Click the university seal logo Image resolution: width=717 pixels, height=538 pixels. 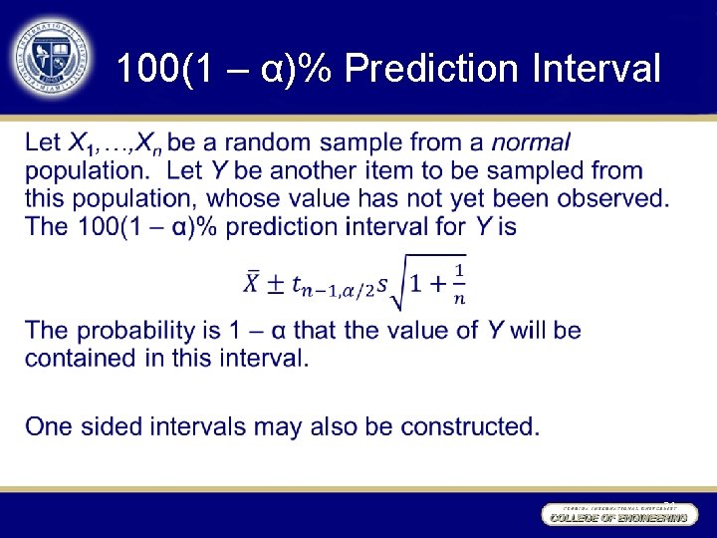pos(51,55)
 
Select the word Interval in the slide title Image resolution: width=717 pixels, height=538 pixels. pos(597,70)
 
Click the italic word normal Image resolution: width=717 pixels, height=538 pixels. pos(531,143)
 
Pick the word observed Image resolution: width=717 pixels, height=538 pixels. pos(611,198)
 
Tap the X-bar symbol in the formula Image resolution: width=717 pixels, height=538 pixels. pos(253,282)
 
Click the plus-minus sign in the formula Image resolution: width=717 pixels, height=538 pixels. pos(276,283)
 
